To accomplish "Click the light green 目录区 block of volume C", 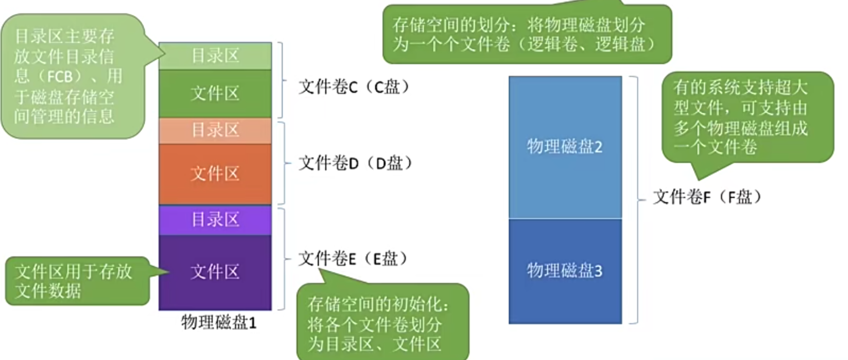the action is click(x=215, y=56).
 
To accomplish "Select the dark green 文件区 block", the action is click(x=215, y=93).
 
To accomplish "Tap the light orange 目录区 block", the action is click(x=215, y=130).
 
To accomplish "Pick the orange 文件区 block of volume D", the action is click(x=215, y=174).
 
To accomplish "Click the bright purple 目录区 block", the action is click(x=215, y=219).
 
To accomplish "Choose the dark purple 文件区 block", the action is click(x=215, y=272).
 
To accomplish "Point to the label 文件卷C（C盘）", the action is click(x=354, y=87).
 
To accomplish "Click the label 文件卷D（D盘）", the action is click(x=355, y=163).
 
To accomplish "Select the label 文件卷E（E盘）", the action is click(x=353, y=259).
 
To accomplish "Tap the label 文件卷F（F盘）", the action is click(x=707, y=197).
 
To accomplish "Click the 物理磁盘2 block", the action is click(x=565, y=147).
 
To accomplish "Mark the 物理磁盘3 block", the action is click(x=565, y=271).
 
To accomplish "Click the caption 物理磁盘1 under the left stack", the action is click(x=218, y=323).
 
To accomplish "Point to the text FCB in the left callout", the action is click(x=59, y=76).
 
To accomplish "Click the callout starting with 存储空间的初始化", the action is click(x=382, y=324).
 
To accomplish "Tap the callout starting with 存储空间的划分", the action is click(x=526, y=34).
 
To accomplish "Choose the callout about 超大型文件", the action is click(x=747, y=117).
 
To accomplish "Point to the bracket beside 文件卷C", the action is click(x=282, y=80).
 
